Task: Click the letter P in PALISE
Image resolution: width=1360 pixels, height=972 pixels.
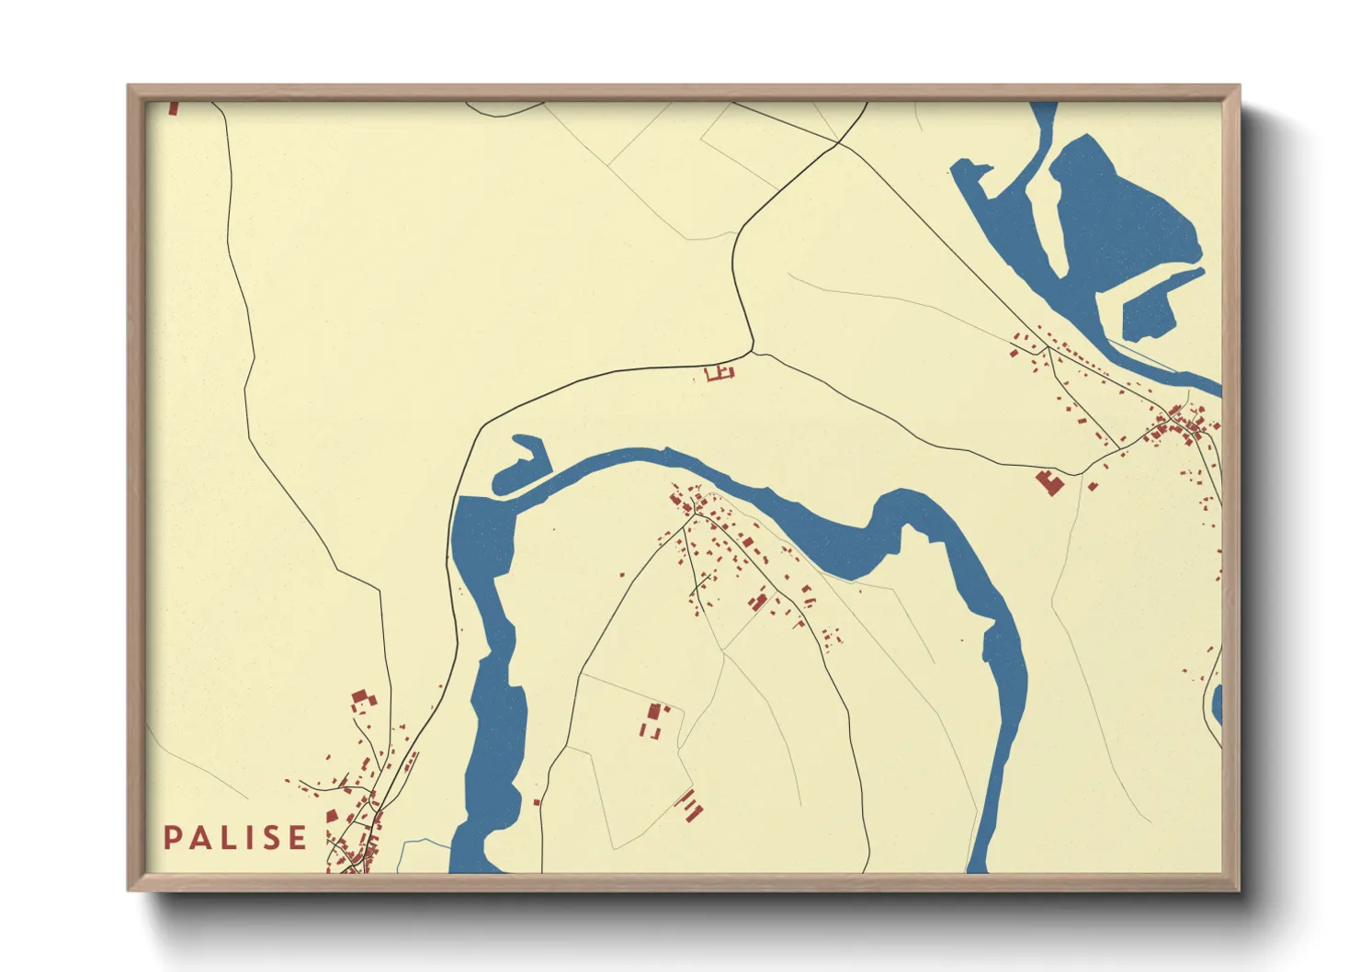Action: (x=173, y=838)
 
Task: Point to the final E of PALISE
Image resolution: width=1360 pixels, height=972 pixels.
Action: (x=297, y=838)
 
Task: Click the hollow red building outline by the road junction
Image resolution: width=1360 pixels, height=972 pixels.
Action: (x=720, y=372)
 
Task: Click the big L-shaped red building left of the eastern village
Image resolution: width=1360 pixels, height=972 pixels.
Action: (x=1048, y=481)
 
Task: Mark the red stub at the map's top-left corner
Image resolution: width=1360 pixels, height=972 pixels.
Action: (x=174, y=108)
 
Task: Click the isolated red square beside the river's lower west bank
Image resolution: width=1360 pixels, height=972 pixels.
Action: (x=537, y=802)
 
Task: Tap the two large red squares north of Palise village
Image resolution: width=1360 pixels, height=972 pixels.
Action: (x=362, y=699)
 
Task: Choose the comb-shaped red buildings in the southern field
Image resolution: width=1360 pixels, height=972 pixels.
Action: (x=690, y=805)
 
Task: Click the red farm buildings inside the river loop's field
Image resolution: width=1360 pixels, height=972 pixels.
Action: (x=653, y=719)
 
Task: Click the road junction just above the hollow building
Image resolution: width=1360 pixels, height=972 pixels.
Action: (x=753, y=351)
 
